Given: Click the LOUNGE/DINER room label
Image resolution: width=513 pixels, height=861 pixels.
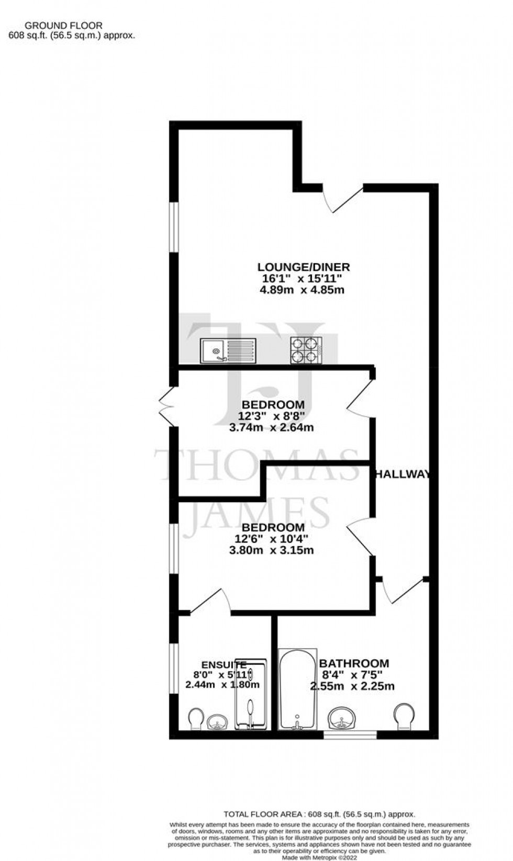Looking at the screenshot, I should coord(303,267).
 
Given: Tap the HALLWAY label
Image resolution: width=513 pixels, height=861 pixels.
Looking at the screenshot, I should coord(403,474).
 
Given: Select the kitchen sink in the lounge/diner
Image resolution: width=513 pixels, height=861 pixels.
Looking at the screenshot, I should coord(228,350).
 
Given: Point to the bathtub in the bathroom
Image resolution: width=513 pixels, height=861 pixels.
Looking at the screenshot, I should coord(298,689).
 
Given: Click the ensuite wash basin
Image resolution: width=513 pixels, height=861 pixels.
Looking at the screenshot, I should coord(217,722).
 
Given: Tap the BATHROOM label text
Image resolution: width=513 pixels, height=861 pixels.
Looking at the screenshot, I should coord(354,664).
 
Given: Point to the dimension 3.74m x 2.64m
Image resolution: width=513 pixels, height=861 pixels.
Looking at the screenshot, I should coord(271,427).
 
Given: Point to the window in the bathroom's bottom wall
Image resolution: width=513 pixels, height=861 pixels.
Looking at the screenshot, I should coord(350,735).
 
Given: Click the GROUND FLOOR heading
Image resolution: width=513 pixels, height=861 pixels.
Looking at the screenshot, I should coord(64,25).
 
